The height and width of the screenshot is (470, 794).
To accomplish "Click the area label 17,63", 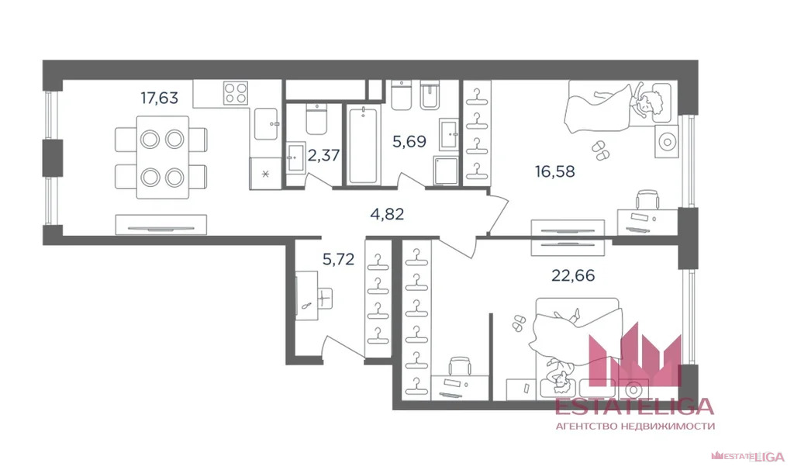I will point(159,98).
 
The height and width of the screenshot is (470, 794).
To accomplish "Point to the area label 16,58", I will point(554,171).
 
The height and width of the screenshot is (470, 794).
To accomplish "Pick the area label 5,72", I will point(338,259).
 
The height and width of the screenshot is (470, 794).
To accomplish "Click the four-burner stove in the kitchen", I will point(235,94).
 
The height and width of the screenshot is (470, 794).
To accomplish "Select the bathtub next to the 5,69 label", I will point(363,145).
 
